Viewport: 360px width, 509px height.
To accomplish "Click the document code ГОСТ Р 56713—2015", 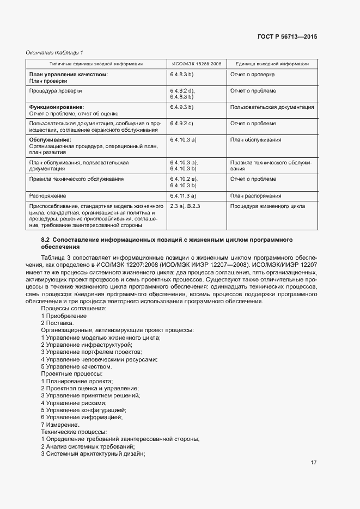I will click(x=287, y=37).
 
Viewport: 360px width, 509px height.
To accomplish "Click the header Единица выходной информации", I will click(x=272, y=64).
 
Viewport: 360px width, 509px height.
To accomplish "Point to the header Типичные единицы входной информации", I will click(x=96, y=64).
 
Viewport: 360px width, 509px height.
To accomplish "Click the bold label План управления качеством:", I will click(x=68, y=74).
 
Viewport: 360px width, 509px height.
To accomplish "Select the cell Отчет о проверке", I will click(x=252, y=74).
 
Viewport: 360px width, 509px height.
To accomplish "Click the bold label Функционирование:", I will click(x=56, y=107).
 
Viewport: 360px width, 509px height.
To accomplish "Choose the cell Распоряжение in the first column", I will click(x=48, y=195).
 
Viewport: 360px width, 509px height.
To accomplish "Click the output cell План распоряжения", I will click(x=255, y=195).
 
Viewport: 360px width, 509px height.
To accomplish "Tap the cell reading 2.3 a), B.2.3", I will click(x=186, y=206).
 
